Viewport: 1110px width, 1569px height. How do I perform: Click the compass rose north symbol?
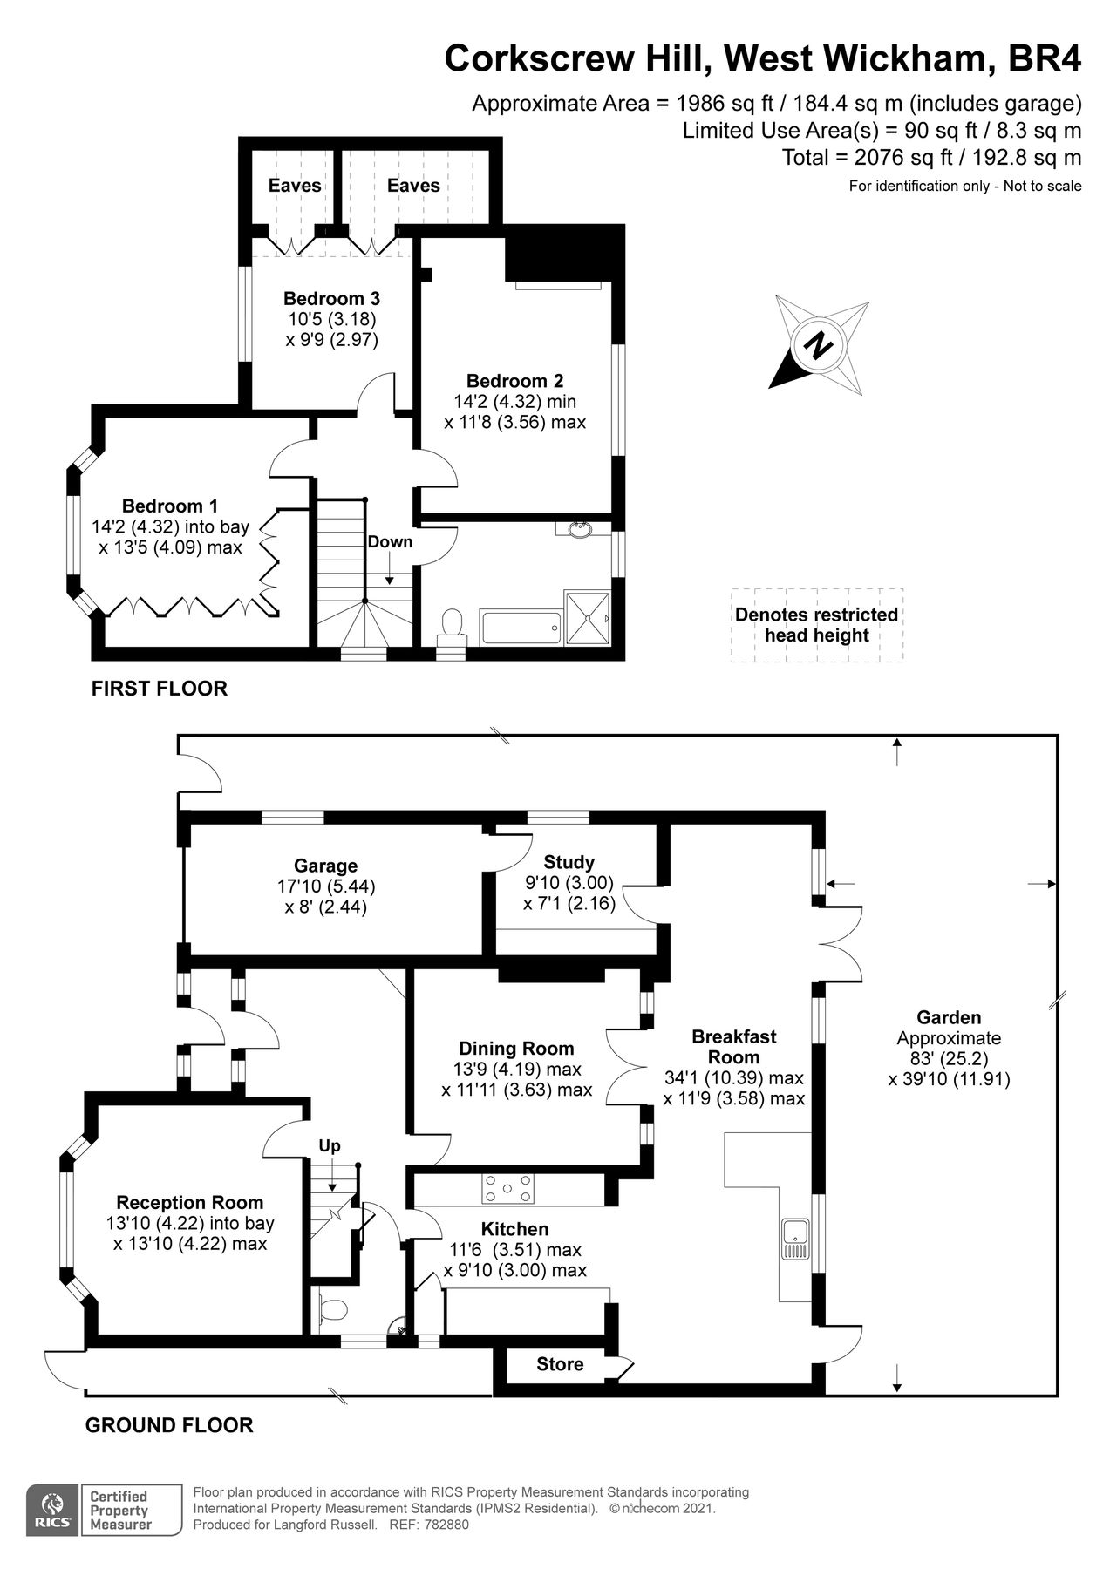(819, 345)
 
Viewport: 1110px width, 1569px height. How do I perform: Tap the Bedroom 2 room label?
(514, 381)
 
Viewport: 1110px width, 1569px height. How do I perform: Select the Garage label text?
(325, 866)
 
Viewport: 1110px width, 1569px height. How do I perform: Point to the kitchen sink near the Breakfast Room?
(796, 1240)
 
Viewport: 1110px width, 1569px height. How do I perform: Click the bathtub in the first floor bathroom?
(520, 627)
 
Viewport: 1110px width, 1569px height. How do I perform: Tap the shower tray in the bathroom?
(589, 617)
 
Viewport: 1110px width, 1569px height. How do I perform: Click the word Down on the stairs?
(389, 542)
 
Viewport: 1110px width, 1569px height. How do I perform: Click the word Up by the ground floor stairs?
(330, 1145)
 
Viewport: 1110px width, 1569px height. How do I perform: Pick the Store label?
(560, 1364)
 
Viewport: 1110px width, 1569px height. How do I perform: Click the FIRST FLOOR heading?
(160, 689)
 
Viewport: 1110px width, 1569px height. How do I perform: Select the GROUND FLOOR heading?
(169, 1425)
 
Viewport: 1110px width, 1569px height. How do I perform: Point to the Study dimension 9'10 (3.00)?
(569, 883)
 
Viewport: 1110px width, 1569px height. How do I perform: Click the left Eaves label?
(294, 186)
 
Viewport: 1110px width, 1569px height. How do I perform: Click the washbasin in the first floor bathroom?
(576, 528)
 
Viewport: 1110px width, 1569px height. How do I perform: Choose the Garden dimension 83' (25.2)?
(949, 1059)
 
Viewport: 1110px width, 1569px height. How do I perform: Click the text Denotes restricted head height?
(816, 625)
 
